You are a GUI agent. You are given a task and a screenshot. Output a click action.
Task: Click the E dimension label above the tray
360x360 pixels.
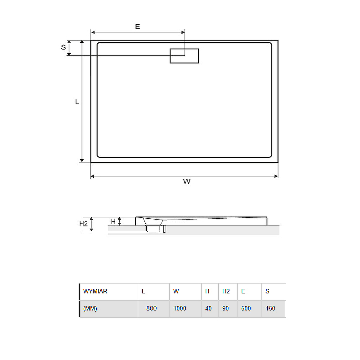tap(138, 27)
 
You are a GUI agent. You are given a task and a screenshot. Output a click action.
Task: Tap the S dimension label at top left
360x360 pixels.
tap(63, 47)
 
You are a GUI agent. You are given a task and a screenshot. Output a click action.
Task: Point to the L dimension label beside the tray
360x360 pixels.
tap(77, 102)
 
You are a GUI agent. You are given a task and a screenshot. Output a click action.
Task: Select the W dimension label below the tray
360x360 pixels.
tap(187, 182)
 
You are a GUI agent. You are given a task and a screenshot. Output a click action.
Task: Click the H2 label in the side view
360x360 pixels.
tap(83, 224)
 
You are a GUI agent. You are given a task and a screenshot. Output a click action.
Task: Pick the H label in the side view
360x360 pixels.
tap(113, 222)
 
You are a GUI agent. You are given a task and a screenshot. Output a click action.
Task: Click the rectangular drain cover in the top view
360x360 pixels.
tap(184, 56)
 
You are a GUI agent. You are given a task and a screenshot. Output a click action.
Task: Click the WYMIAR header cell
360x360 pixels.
tap(95, 291)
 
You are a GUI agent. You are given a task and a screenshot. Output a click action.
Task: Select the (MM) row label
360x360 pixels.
tap(90, 308)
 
